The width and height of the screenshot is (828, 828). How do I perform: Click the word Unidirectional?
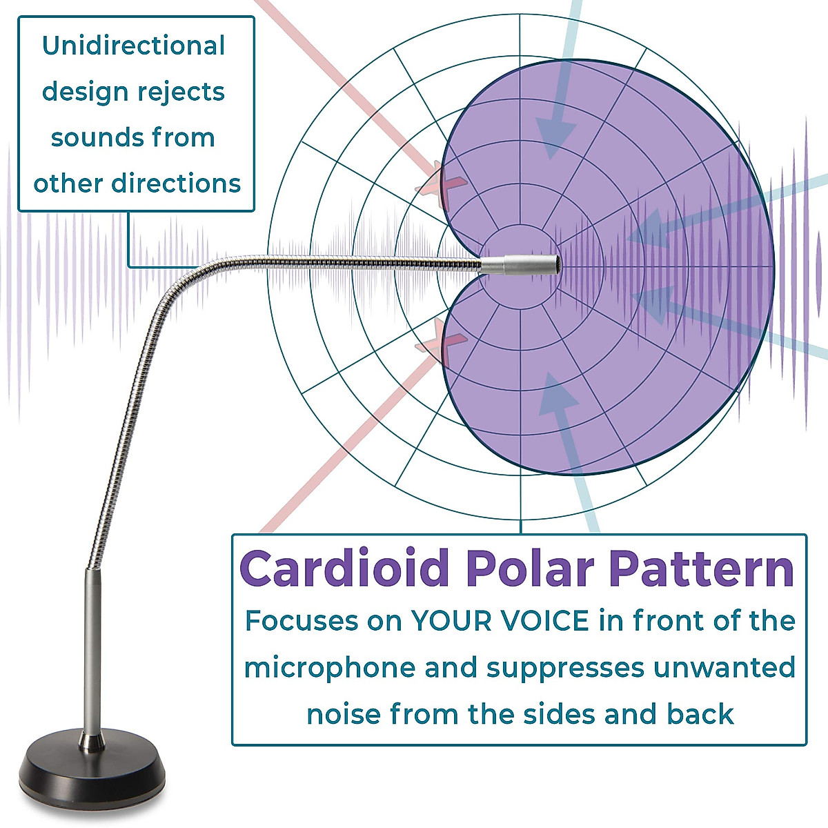point(134,46)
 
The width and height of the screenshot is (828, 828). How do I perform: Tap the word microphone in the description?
point(330,669)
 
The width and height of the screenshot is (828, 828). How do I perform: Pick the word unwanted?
point(724,668)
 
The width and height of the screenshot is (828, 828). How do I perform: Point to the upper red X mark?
point(442,184)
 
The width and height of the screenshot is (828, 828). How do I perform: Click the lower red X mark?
point(442,342)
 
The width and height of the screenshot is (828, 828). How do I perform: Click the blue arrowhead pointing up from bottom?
point(558,393)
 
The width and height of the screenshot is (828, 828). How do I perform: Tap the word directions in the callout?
point(177,184)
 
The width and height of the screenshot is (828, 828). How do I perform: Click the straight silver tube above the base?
point(92,649)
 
